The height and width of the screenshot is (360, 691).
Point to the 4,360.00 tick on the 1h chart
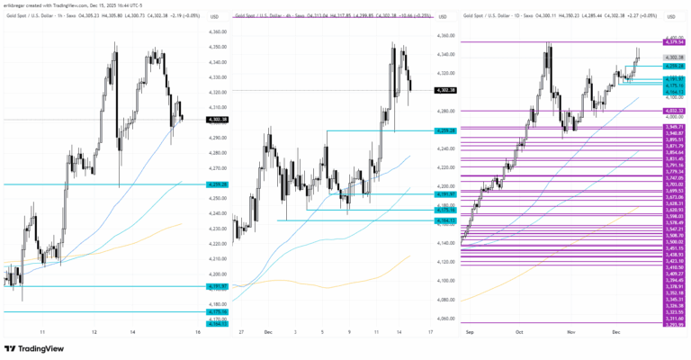point(217,33)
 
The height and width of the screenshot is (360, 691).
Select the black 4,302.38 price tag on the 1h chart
point(217,119)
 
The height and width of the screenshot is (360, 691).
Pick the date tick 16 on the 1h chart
point(196,332)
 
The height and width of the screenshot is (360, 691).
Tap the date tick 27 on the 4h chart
point(241,332)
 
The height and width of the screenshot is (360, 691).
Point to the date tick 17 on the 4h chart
point(429,332)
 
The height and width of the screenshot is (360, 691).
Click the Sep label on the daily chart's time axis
point(470,332)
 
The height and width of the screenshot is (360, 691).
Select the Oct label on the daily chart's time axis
point(519,332)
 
